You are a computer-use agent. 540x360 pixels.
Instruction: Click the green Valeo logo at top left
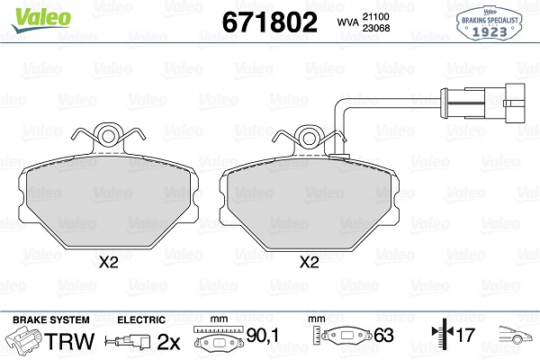click(x=41, y=19)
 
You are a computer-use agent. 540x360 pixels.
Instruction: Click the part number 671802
click(x=270, y=22)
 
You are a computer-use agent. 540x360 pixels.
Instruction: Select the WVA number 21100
click(x=375, y=16)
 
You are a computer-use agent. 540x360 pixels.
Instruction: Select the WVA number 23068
click(x=376, y=28)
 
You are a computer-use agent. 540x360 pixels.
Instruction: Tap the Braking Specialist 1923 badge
click(x=490, y=23)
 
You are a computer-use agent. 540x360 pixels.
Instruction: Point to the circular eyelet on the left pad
click(x=108, y=137)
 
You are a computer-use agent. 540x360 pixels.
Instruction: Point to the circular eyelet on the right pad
click(x=309, y=138)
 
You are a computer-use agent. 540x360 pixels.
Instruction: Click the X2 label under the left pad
click(x=109, y=263)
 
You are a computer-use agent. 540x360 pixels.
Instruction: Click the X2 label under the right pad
click(x=310, y=263)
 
